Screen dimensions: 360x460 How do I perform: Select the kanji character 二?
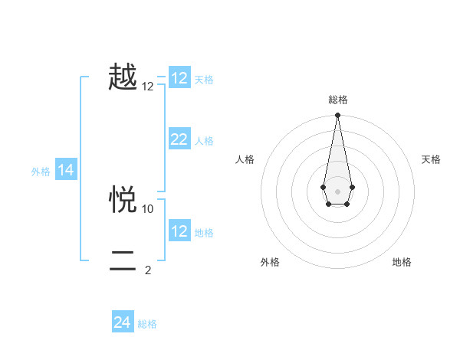(123, 261)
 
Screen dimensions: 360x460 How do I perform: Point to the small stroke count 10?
(148, 208)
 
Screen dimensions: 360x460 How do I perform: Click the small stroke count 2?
(148, 270)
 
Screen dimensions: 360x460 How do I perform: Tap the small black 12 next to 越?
(148, 87)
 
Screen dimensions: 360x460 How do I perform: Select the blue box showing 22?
(179, 139)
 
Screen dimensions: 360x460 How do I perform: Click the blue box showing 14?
(66, 170)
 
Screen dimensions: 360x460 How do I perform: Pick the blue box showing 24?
(123, 322)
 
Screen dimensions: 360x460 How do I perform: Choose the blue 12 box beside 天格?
(179, 78)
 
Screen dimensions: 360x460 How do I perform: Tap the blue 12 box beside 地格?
(179, 231)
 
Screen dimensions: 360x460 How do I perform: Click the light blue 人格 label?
(204, 141)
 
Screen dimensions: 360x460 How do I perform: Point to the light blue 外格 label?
(41, 172)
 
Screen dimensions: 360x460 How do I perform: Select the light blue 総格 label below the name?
(147, 324)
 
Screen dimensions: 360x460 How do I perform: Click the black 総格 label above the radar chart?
(337, 100)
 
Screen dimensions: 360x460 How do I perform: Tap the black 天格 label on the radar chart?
(431, 159)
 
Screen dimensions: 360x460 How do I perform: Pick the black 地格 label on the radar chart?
(402, 262)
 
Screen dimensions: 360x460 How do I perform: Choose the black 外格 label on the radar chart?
(270, 262)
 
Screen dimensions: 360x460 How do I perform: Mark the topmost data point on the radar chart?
(337, 116)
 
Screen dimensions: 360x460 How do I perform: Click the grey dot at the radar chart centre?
(337, 190)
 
